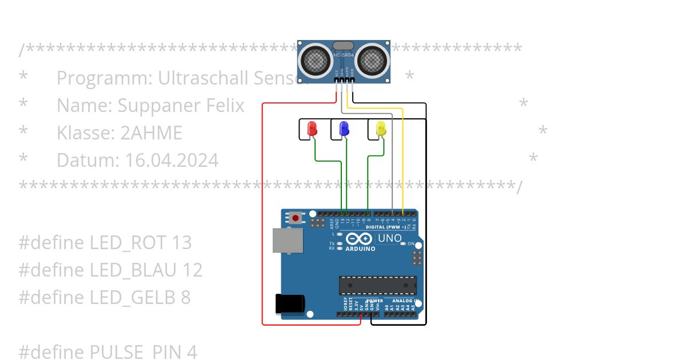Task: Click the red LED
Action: [x=312, y=129]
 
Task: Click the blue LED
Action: [x=344, y=129]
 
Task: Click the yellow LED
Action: [x=381, y=129]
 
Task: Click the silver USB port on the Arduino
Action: [x=288, y=241]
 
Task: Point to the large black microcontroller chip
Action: [x=377, y=285]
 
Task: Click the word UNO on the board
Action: [x=390, y=238]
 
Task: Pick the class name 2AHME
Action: [x=151, y=133]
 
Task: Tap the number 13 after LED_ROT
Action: [x=181, y=243]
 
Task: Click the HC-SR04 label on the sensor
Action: [x=344, y=55]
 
